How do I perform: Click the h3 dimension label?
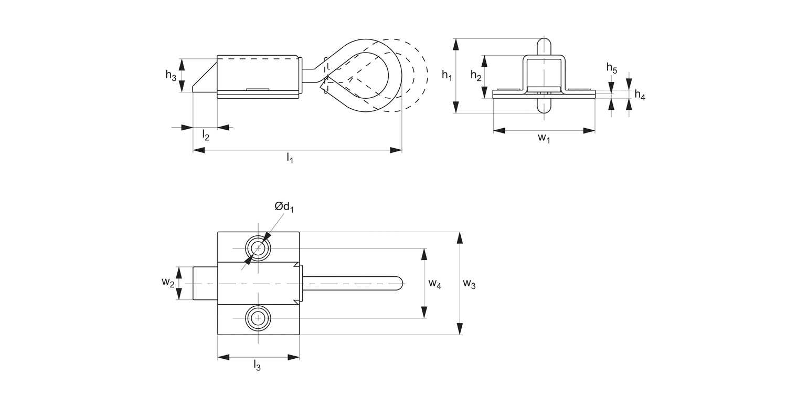click(x=171, y=76)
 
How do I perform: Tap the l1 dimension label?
click(x=290, y=158)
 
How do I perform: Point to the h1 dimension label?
click(x=446, y=76)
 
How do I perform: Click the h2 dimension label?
click(x=476, y=76)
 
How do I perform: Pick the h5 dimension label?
click(x=612, y=68)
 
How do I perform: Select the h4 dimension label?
click(x=640, y=95)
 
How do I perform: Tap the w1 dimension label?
click(x=544, y=138)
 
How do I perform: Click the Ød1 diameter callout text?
click(x=284, y=208)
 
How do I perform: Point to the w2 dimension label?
click(x=167, y=283)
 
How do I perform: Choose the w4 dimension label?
click(x=434, y=284)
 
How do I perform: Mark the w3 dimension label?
click(x=469, y=284)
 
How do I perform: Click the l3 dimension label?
click(x=257, y=365)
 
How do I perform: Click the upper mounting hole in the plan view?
click(x=258, y=248)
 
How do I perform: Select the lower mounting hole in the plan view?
click(x=258, y=318)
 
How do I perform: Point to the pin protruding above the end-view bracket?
click(x=544, y=46)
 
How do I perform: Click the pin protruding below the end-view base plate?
click(x=544, y=105)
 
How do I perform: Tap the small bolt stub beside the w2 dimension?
click(x=205, y=283)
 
